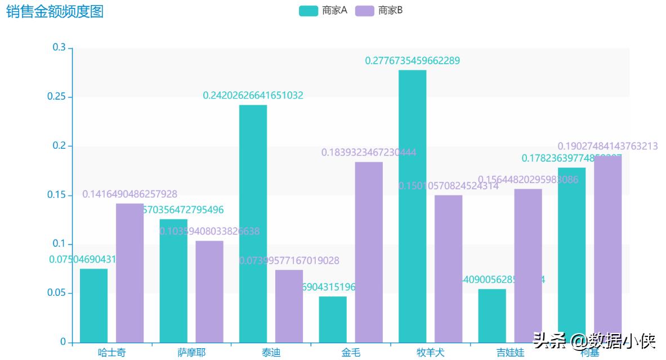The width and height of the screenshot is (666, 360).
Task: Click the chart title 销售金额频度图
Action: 55,11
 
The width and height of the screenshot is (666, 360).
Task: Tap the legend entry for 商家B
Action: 379,11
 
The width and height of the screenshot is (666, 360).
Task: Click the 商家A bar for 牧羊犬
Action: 412,206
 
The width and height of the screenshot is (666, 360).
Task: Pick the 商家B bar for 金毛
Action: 369,252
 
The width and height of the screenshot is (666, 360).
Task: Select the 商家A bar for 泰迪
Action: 253,223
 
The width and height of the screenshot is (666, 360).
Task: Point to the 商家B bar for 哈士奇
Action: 129,273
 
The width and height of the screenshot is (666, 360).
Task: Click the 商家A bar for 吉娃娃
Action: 492,315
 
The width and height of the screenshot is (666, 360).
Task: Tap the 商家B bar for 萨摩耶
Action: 209,291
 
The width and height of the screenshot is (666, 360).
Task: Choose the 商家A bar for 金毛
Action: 333,319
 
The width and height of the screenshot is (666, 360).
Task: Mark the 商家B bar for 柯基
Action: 608,248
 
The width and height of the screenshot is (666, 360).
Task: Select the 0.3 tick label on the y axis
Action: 59,48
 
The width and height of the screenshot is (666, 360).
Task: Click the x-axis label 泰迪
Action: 271,353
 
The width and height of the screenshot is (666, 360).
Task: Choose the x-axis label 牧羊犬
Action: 430,353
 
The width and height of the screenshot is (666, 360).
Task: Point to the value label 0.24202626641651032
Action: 253,96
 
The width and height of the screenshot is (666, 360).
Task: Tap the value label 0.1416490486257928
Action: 129,194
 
